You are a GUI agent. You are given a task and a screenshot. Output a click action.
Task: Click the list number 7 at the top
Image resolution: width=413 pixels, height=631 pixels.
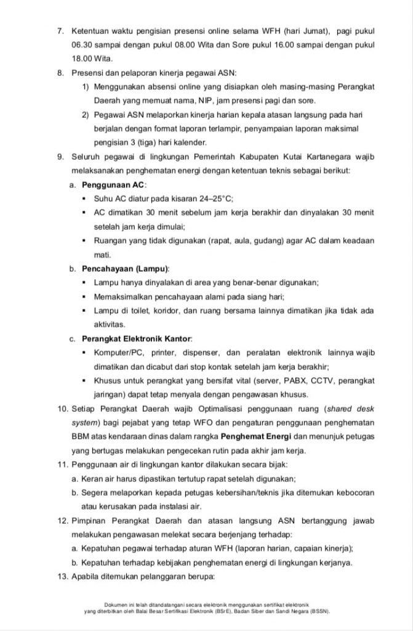pyautogui.click(x=61, y=30)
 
